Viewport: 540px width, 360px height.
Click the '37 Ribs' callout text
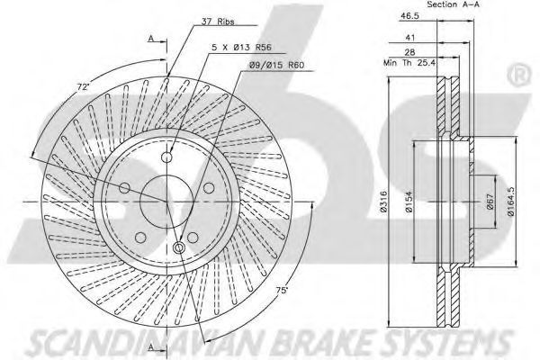tap(218, 22)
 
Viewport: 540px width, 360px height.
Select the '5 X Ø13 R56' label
tap(241, 48)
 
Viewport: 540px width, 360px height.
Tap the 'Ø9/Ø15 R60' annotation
tap(276, 65)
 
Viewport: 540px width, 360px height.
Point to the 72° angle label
tap(84, 86)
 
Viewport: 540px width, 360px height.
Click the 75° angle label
tap(282, 291)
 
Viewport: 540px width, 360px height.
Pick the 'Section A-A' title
tap(454, 4)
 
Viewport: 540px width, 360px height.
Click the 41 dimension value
tap(410, 37)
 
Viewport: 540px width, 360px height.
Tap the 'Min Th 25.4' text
tap(409, 63)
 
